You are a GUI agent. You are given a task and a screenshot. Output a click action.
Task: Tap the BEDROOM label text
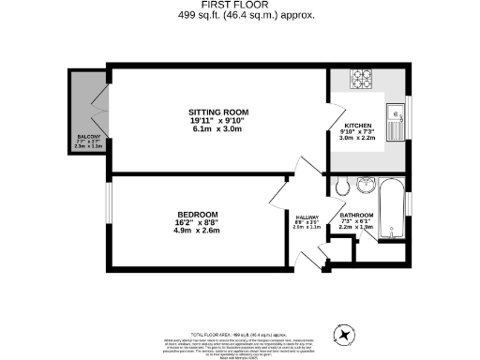198,215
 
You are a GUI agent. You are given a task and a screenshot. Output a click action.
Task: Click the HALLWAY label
307,215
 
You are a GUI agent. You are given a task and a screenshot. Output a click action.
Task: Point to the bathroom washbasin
366,182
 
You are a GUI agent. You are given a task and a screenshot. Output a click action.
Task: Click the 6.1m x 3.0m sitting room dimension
216,129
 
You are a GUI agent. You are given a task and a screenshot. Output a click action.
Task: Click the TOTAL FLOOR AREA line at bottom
239,335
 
